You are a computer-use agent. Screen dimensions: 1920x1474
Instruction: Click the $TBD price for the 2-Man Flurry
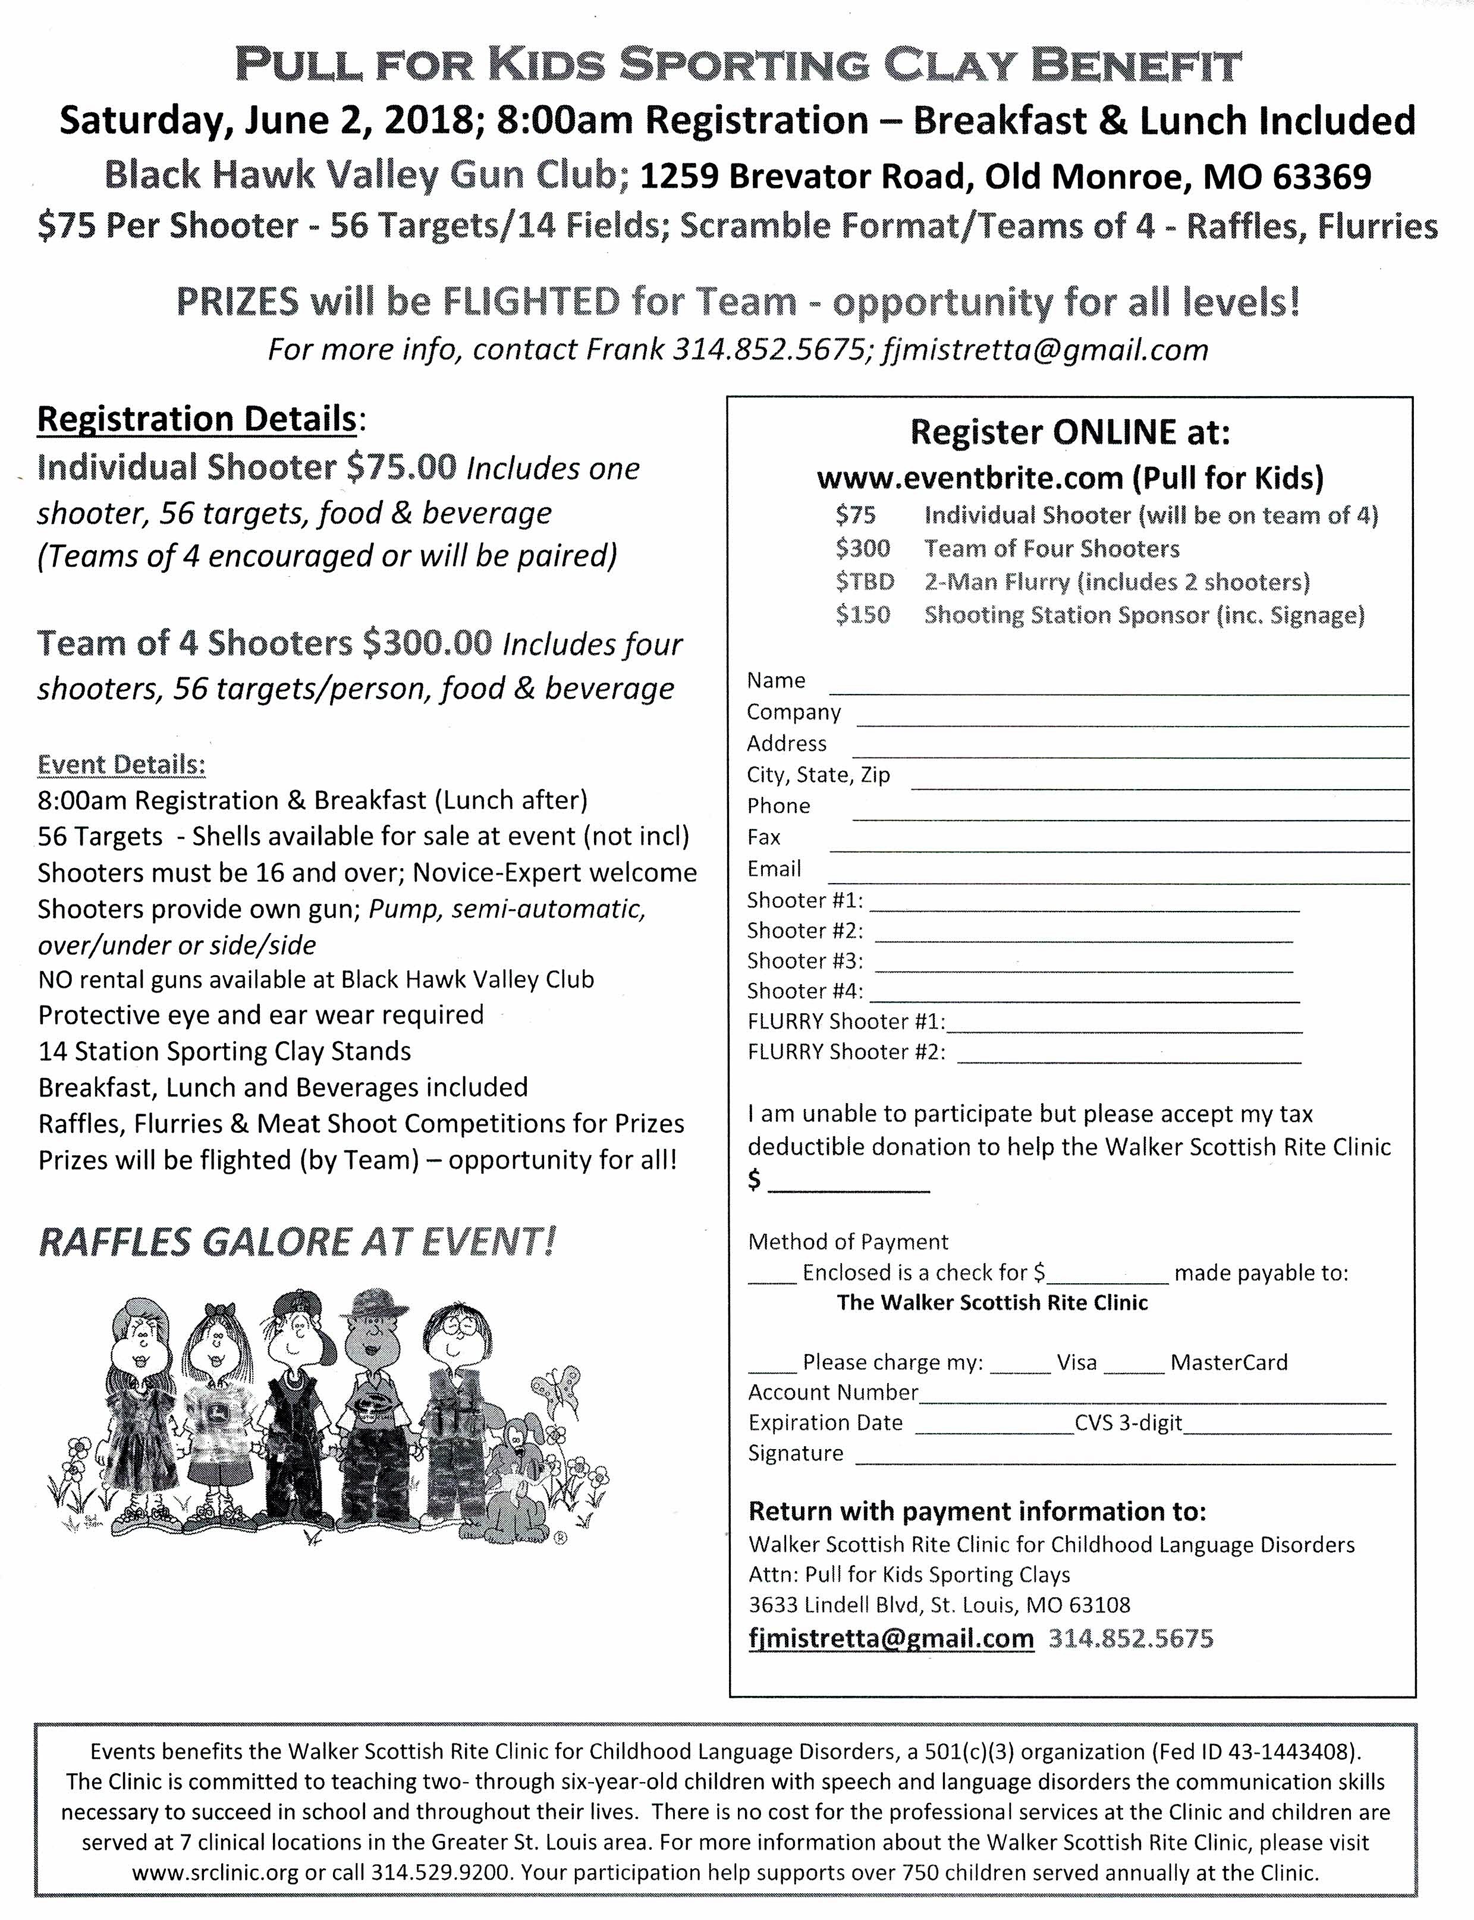[x=864, y=582]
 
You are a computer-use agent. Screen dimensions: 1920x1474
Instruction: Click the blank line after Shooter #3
[x=1083, y=970]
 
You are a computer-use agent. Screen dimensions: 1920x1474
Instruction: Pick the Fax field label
[x=763, y=837]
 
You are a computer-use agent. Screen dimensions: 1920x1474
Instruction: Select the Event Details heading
[x=121, y=764]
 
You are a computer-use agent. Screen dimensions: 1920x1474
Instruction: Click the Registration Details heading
[x=197, y=419]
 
